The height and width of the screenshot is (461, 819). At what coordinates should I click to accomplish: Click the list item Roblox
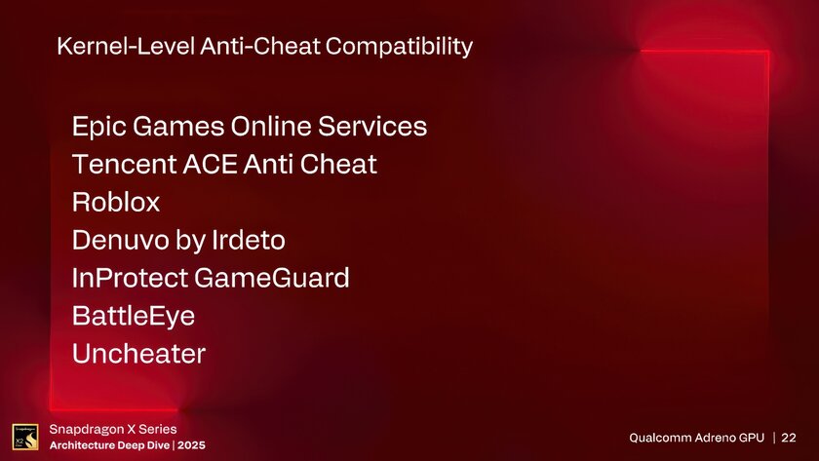point(116,203)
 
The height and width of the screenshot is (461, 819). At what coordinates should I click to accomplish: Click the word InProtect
point(131,279)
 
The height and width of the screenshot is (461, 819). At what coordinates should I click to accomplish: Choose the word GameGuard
point(272,279)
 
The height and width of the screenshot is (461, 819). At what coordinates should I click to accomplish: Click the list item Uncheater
point(138,354)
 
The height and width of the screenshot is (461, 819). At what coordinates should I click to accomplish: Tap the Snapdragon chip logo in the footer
point(24,438)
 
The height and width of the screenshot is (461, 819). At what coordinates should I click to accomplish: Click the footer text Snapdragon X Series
point(113,429)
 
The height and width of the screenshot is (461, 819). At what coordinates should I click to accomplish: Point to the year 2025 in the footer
point(191,445)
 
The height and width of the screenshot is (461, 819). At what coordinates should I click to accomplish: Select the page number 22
point(788,438)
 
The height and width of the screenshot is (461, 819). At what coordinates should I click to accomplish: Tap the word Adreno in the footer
point(721,438)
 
